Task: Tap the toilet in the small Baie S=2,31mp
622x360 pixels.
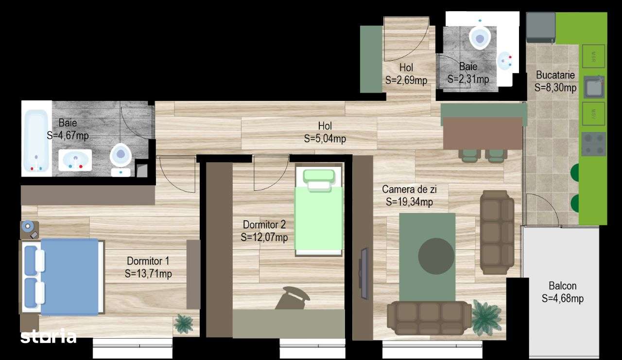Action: point(480,37)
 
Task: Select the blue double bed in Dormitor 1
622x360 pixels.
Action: point(68,277)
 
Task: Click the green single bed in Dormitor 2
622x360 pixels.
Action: point(319,213)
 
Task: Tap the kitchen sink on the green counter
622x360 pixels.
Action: point(594,87)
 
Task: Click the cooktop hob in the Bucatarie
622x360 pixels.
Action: point(593,144)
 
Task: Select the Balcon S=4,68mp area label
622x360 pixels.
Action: point(563,292)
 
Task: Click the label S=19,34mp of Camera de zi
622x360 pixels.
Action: point(409,202)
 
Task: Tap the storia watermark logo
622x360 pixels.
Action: point(48,336)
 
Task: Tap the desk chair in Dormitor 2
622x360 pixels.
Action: point(293,298)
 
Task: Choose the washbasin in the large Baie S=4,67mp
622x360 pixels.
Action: point(75,160)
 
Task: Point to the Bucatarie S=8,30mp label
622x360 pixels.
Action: point(555,82)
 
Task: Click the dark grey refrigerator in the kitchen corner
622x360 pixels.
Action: point(540,27)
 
